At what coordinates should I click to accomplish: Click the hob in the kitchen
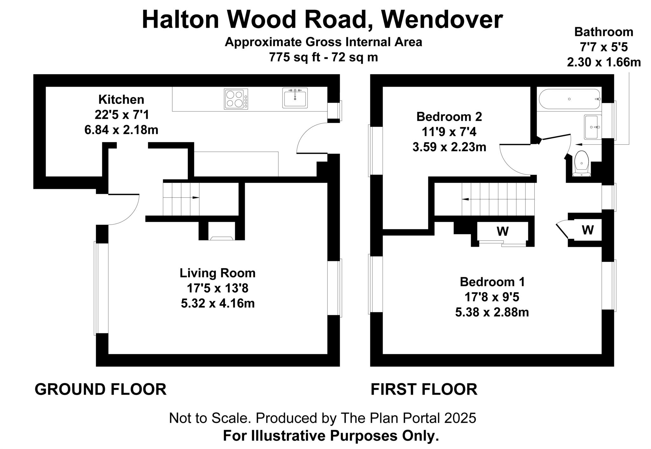pos(236,99)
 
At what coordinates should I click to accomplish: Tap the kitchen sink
pos(295,98)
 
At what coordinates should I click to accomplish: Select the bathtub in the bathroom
pos(569,99)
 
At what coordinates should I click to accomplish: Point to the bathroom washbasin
pos(593,127)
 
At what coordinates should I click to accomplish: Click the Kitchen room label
pos(121,100)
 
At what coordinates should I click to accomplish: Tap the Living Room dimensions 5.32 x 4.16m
pos(218,303)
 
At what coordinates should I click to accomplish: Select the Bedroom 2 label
pos(449,117)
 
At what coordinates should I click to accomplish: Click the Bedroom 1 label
pos(492,282)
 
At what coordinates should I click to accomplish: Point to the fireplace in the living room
pos(222,238)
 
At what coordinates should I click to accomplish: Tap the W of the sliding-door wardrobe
pos(503,231)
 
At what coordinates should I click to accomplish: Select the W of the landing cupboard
pos(587,230)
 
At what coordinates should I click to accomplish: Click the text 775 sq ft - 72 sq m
pos(323,58)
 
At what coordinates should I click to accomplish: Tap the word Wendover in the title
pos(442,20)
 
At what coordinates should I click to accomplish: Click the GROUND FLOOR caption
pos(100,389)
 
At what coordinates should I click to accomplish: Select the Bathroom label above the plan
pos(604,32)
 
